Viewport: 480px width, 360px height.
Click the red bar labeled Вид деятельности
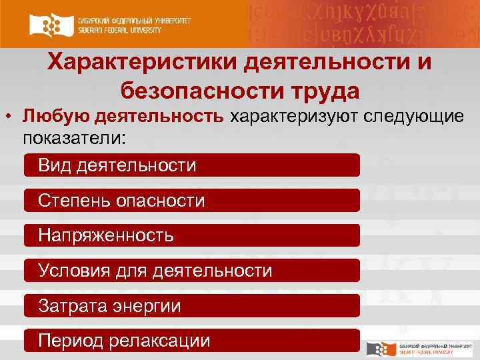pyautogui.click(x=192, y=165)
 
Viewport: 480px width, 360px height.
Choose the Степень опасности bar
pyautogui.click(x=192, y=200)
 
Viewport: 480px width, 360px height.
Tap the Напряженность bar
pyautogui.click(x=192, y=235)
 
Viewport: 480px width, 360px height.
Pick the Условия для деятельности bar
pyautogui.click(x=192, y=270)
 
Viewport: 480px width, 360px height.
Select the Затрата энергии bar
pyautogui.click(x=192, y=305)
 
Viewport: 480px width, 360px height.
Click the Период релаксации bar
pyautogui.click(x=192, y=341)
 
